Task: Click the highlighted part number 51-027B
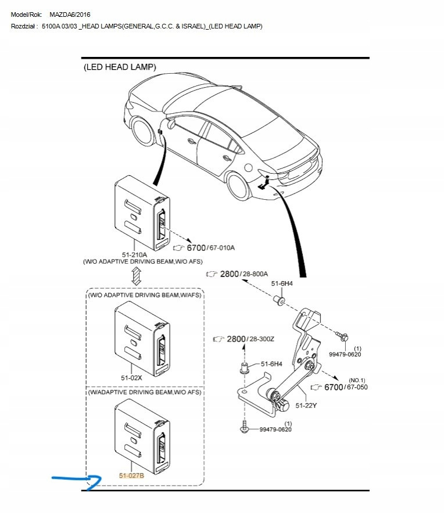coord(131,476)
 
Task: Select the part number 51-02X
coord(132,378)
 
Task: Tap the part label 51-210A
coord(135,254)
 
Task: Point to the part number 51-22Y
coord(306,405)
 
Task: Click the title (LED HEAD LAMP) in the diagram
coord(120,67)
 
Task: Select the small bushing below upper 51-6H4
coord(278,300)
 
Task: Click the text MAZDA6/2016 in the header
coord(70,14)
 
